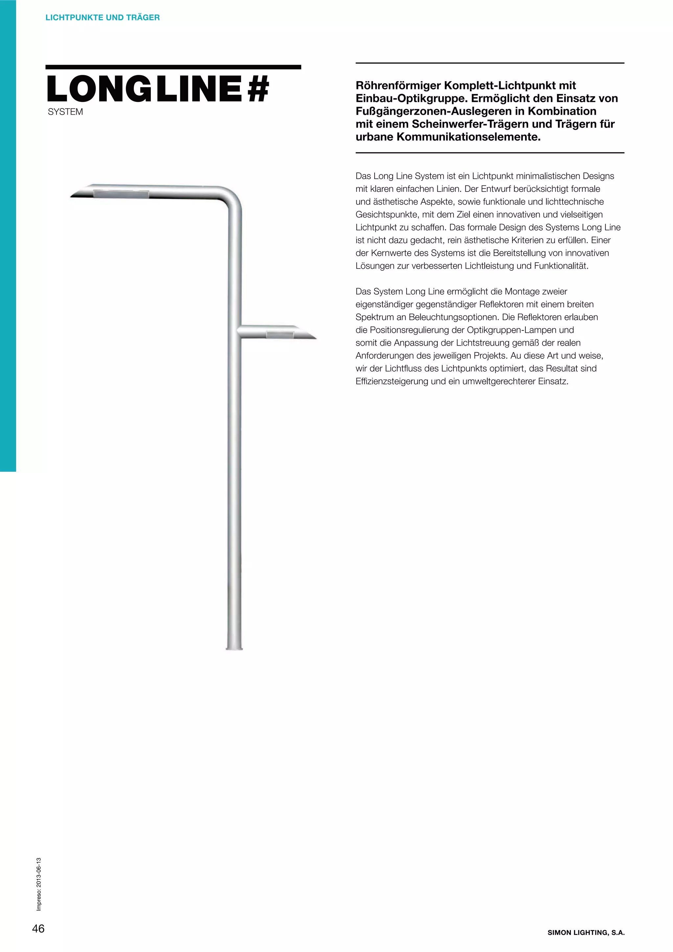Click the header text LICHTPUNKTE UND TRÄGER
[103, 17]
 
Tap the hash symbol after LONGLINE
[258, 89]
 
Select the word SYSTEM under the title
[65, 112]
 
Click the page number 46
[38, 929]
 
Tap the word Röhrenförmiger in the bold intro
[398, 86]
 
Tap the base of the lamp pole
[234, 647]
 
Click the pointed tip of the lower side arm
[314, 338]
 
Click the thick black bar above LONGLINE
[173, 67]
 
